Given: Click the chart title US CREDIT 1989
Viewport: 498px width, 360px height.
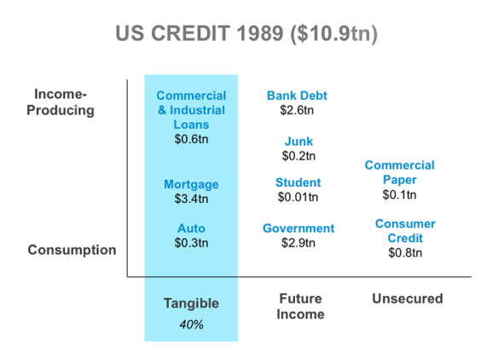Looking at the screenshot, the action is click(x=246, y=33).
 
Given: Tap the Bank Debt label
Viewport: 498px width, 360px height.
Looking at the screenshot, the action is click(x=297, y=96).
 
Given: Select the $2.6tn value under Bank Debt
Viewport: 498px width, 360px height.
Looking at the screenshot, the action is click(x=297, y=110).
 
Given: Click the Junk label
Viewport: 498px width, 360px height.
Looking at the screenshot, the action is click(x=298, y=142).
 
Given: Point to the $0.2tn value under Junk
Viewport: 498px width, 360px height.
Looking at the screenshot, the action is click(x=298, y=156).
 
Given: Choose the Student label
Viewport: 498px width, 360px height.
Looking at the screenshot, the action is click(x=298, y=183).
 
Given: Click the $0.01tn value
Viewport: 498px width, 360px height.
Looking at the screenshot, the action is click(x=298, y=197).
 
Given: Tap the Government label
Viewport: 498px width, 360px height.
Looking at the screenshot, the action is click(x=298, y=229).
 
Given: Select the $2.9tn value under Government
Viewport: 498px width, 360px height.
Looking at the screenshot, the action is click(x=298, y=243).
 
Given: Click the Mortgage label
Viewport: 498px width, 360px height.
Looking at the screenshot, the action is click(x=191, y=184).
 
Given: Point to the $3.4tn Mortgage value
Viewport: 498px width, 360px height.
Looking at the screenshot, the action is click(x=191, y=199).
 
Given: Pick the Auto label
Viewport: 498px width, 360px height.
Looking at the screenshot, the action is click(x=191, y=229).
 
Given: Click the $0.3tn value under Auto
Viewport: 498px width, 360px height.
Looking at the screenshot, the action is click(x=191, y=243).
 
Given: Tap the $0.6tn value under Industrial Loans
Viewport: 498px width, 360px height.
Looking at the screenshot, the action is click(x=191, y=139).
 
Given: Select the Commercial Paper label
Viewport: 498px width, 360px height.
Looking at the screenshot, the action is click(x=400, y=172).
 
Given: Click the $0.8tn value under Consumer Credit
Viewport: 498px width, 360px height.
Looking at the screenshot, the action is click(x=405, y=253).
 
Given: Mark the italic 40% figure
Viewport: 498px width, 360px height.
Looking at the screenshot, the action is click(x=191, y=325).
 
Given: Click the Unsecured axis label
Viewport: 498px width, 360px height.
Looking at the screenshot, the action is click(x=408, y=299).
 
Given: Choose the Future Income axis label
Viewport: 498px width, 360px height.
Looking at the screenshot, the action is click(x=300, y=306).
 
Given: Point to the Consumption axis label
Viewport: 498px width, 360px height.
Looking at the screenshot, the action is click(x=72, y=250).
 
